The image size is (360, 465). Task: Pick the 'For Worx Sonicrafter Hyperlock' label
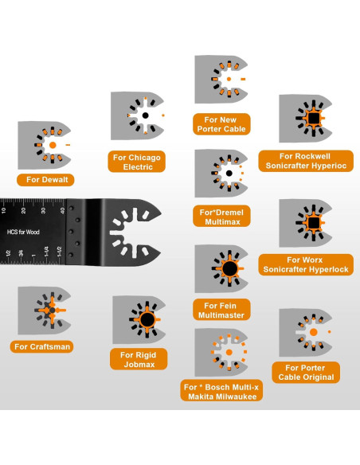point(307,264)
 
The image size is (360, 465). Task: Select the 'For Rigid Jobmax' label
point(139,359)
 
